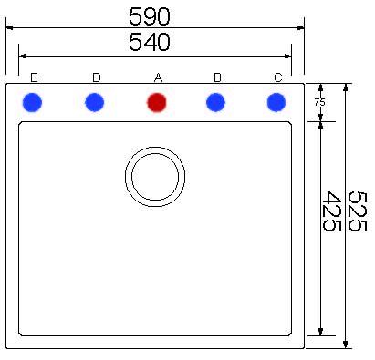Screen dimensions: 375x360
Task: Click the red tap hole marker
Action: [157, 102]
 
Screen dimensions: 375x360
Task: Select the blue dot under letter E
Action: [32, 102]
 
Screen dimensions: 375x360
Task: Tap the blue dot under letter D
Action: [95, 102]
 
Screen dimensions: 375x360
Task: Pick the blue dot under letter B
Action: [215, 102]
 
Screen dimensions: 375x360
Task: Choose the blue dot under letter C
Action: [276, 102]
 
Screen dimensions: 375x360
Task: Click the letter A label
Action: [158, 77]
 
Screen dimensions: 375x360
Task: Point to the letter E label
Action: [34, 77]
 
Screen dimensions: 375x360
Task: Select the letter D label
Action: [97, 77]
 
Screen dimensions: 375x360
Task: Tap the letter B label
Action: [217, 77]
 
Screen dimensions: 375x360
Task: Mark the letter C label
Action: [278, 77]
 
